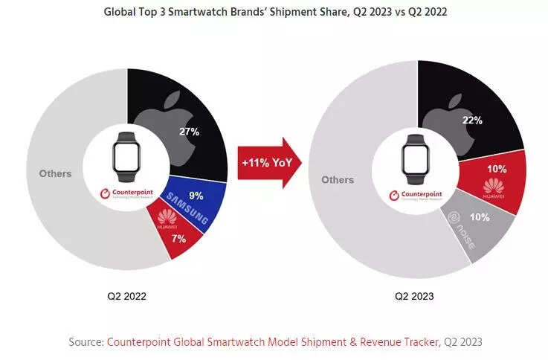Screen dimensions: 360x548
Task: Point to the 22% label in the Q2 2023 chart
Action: (x=472, y=120)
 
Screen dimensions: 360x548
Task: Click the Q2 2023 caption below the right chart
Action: (x=414, y=296)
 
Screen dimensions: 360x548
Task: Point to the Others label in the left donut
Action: (x=55, y=173)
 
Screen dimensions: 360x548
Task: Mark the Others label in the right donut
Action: (x=338, y=179)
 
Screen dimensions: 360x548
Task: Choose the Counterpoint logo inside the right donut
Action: (x=414, y=196)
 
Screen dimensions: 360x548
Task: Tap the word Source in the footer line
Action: (x=86, y=341)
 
